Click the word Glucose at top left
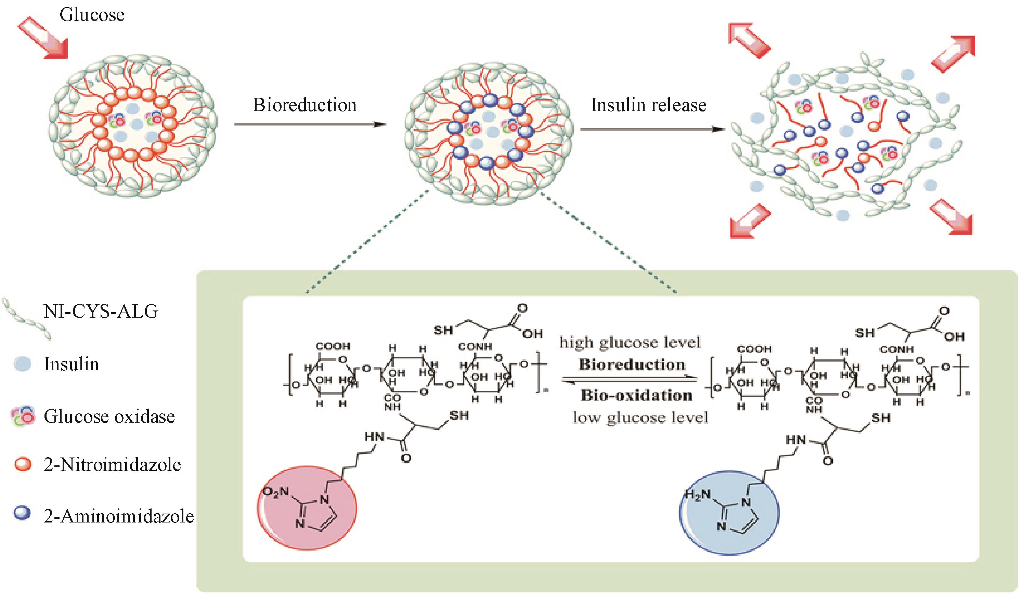click(92, 15)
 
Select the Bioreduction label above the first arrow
click(305, 105)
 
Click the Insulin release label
click(648, 105)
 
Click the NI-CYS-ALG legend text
click(101, 312)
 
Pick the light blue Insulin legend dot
click(22, 363)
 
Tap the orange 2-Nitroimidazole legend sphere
click(23, 464)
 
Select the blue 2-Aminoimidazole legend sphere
click(22, 514)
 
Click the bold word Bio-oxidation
click(636, 396)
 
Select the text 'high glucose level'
click(630, 343)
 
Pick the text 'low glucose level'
click(640, 418)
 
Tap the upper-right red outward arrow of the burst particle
click(954, 54)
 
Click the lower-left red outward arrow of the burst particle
click(749, 221)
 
